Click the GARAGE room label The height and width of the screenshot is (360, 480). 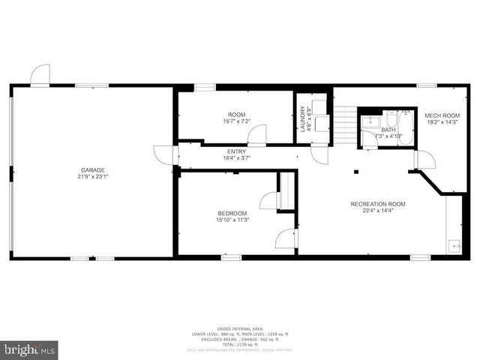coord(92,170)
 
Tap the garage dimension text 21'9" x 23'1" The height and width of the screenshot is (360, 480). coord(92,178)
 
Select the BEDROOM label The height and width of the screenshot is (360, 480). coord(232,213)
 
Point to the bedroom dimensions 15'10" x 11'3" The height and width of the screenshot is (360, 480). coord(232,220)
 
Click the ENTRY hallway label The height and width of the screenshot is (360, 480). coord(235,151)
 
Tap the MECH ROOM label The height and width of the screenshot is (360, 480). coord(441,115)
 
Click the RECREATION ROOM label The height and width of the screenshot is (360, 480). coord(378,204)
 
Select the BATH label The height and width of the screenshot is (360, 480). coord(388,130)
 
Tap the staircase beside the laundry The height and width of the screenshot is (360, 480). coord(343,126)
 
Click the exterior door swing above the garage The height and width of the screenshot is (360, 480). coord(40,75)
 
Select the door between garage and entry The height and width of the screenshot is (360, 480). coord(164,154)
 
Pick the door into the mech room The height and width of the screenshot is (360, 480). coord(424,160)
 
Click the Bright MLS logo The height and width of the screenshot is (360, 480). coord(29,349)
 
